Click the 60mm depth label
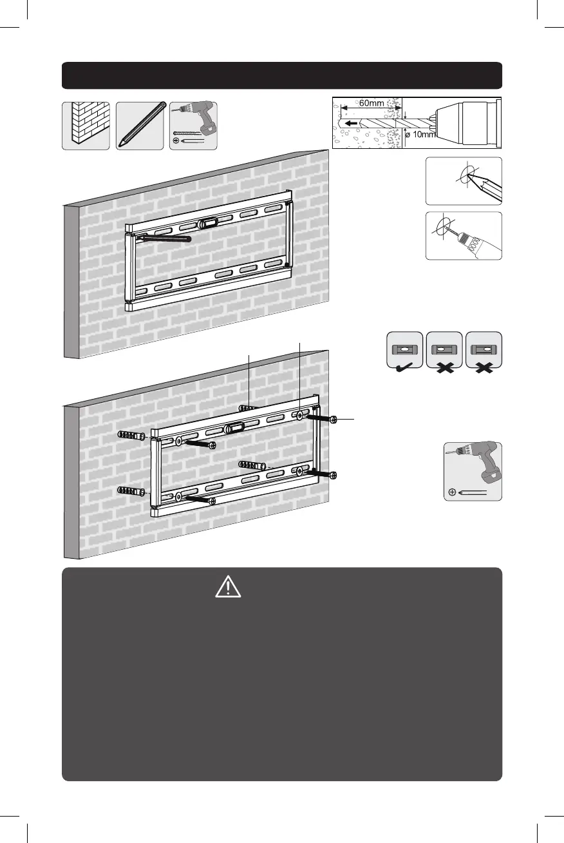point(371,103)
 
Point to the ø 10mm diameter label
point(419,135)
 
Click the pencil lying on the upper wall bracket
point(164,238)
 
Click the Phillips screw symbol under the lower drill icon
point(452,492)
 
